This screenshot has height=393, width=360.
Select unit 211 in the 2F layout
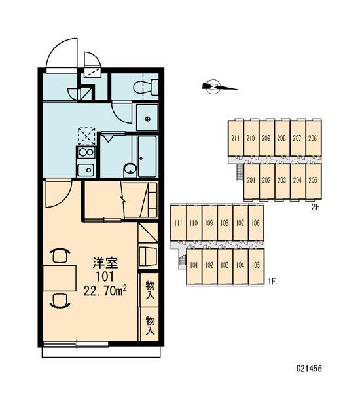[236, 138]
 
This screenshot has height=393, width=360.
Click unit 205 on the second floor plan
[314, 181]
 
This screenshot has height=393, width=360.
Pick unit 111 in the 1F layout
[178, 223]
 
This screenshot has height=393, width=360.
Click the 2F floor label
[315, 207]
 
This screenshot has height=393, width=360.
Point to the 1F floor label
[272, 282]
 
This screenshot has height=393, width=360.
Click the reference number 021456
[309, 368]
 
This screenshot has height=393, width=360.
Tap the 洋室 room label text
[105, 263]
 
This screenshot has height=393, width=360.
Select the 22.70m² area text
[105, 291]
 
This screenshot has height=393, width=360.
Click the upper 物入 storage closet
[149, 290]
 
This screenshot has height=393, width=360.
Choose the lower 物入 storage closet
[149, 324]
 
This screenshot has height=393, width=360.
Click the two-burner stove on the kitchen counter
[86, 152]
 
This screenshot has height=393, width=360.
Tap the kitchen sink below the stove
[86, 170]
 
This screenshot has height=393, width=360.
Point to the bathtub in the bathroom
[147, 156]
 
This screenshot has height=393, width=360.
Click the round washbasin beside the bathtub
[130, 169]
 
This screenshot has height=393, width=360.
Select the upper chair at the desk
[60, 255]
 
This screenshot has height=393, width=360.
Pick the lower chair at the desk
[60, 301]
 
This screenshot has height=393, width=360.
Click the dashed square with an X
[86, 137]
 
